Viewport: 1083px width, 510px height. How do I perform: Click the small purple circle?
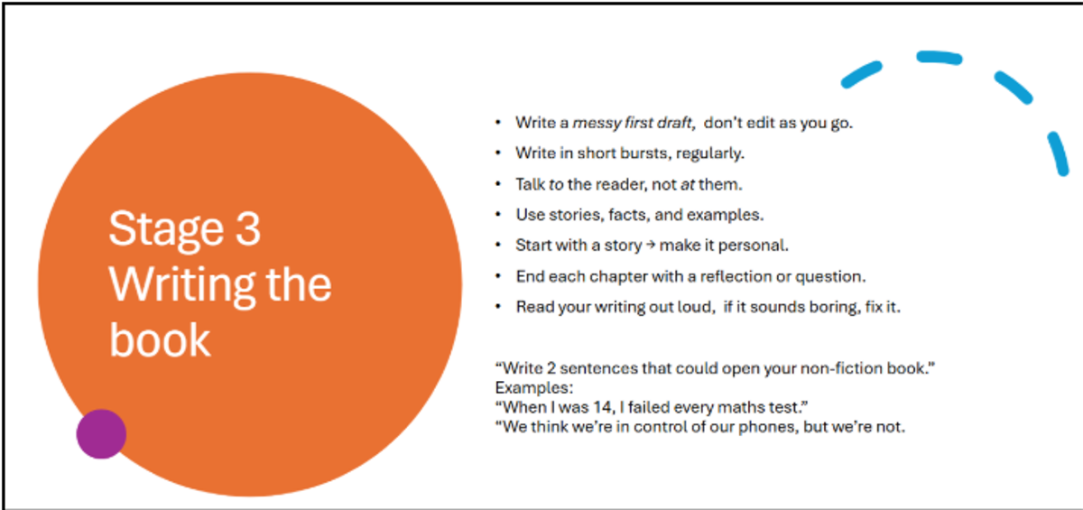[101, 434]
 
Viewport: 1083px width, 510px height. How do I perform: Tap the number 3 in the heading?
[248, 228]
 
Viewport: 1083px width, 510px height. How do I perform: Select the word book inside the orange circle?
[160, 339]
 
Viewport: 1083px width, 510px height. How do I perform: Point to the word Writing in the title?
[181, 286]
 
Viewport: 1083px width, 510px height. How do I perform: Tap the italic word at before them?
[687, 184]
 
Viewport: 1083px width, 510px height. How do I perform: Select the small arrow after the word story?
[651, 246]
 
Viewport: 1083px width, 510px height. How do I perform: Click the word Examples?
[533, 388]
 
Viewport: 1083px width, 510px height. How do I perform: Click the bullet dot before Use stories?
[498, 215]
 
